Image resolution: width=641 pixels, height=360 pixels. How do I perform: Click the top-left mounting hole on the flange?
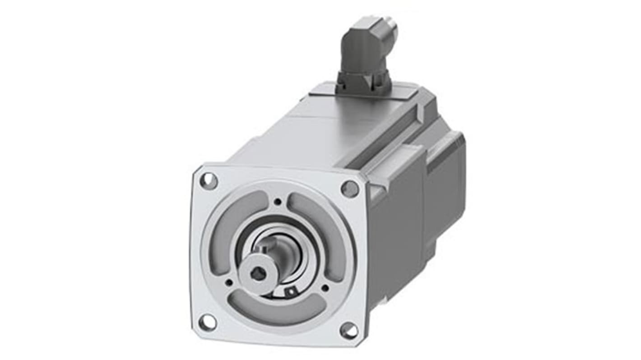[x=209, y=181]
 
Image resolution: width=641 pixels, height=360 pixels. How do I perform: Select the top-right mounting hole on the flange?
[x=349, y=189]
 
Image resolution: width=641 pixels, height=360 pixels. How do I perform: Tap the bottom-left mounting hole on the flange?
[x=207, y=322]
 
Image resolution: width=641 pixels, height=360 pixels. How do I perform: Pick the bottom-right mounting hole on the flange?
[x=349, y=331]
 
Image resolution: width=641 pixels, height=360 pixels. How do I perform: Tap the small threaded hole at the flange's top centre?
[x=278, y=202]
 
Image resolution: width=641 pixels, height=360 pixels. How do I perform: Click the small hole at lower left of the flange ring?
[x=229, y=282]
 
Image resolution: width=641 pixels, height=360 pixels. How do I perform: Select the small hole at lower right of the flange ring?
[x=325, y=287]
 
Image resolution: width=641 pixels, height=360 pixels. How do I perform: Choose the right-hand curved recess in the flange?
[x=325, y=235]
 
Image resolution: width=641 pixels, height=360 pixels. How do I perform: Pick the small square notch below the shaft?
[x=291, y=292]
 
